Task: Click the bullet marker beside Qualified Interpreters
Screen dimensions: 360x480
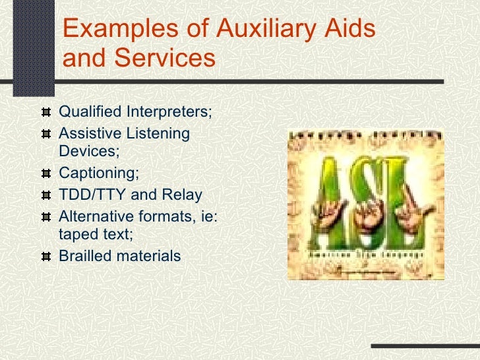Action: pyautogui.click(x=45, y=113)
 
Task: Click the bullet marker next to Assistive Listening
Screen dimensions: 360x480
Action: pyautogui.click(x=45, y=134)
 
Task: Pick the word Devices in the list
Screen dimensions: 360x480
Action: pyautogui.click(x=88, y=152)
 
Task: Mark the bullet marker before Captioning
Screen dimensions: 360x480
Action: pyautogui.click(x=45, y=175)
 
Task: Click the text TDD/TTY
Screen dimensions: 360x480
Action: pyautogui.click(x=92, y=195)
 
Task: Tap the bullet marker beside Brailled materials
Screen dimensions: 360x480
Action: pyautogui.click(x=45, y=256)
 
